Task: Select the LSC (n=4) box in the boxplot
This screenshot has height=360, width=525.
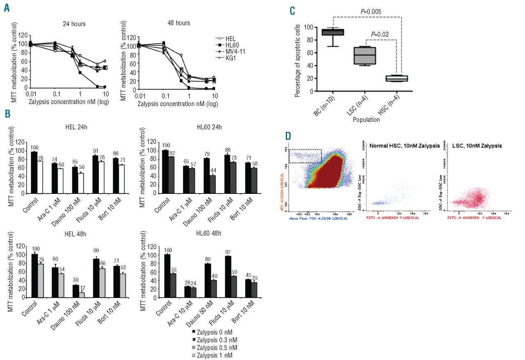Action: click(x=367, y=55)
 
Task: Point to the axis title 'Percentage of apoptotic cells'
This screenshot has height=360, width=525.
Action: click(x=297, y=58)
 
